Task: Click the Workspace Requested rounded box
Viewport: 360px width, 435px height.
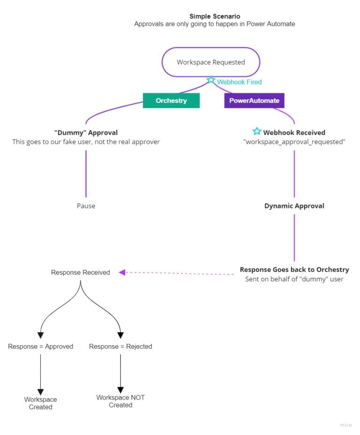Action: pyautogui.click(x=210, y=62)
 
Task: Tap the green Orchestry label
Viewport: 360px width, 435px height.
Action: pyautogui.click(x=171, y=101)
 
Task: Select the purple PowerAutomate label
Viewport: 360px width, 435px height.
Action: pyautogui.click(x=254, y=101)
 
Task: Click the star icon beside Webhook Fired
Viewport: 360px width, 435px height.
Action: pyautogui.click(x=211, y=80)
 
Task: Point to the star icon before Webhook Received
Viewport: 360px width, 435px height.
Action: pyautogui.click(x=256, y=131)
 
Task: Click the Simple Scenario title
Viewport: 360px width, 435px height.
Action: pyautogui.click(x=215, y=16)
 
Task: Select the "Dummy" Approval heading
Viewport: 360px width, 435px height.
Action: pyautogui.click(x=86, y=133)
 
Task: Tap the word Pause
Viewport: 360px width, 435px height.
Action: pyautogui.click(x=86, y=206)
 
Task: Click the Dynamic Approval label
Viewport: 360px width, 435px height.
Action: pyautogui.click(x=294, y=206)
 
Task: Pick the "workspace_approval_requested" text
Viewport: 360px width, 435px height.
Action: pyautogui.click(x=294, y=142)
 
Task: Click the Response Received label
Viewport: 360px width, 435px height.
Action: pyautogui.click(x=80, y=273)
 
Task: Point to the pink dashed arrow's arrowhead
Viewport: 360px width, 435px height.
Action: pyautogui.click(x=122, y=273)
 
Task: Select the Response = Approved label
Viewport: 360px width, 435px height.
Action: pyautogui.click(x=40, y=347)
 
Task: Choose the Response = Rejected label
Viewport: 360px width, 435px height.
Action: pyautogui.click(x=120, y=347)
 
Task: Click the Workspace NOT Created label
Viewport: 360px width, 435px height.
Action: pyautogui.click(x=120, y=401)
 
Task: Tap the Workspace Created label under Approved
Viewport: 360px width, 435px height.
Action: pyautogui.click(x=40, y=403)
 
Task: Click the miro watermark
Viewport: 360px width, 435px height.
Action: pyautogui.click(x=345, y=425)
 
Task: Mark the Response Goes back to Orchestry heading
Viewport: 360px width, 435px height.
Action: pyautogui.click(x=294, y=270)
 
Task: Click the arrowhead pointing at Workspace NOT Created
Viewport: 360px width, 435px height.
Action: pyautogui.click(x=120, y=390)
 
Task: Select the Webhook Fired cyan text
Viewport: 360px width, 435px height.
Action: pyautogui.click(x=239, y=82)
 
